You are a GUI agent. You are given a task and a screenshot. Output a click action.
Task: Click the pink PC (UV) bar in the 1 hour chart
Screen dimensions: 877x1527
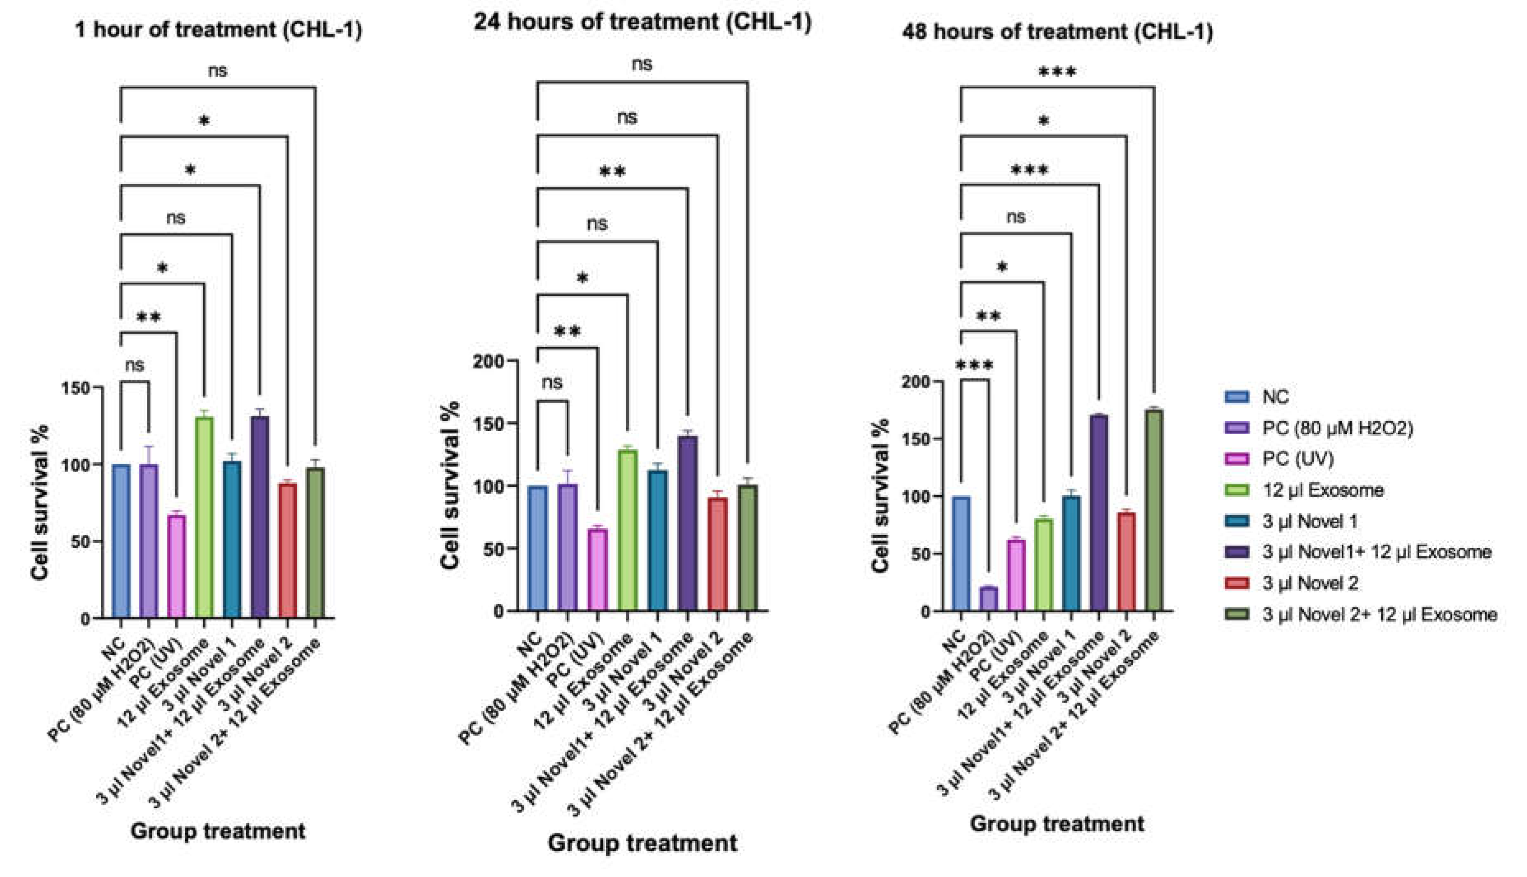pos(177,566)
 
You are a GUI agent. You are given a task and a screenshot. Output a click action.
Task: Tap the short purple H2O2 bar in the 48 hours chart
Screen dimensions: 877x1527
pos(988,599)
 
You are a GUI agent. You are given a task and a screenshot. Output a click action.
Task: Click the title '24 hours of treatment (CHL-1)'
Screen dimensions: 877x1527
pos(642,22)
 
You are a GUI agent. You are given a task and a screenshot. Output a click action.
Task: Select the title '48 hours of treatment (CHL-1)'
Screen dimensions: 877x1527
pos(1057,31)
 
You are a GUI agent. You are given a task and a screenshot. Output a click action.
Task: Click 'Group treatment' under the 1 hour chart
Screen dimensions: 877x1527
pos(218,831)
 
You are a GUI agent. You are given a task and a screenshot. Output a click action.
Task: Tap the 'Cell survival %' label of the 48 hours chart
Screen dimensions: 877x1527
pos(880,495)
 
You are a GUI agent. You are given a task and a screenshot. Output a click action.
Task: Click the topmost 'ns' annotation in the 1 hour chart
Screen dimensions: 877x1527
pos(218,70)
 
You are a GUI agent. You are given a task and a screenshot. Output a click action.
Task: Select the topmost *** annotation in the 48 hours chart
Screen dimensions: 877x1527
pos(1057,73)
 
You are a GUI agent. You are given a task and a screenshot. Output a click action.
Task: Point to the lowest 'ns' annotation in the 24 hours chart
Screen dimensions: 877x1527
pos(552,383)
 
